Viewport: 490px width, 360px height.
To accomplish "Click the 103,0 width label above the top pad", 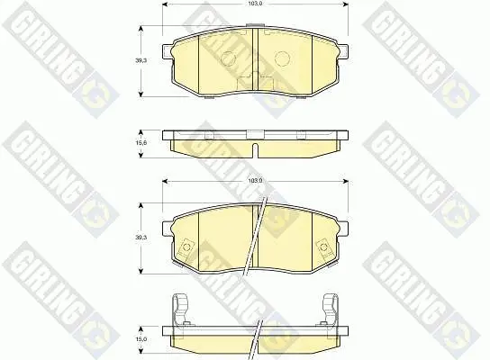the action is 255,4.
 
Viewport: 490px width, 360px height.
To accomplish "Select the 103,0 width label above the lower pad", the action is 255,181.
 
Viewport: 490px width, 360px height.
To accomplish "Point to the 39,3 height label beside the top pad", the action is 141,60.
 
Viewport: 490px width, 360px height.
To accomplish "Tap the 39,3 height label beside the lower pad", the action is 141,238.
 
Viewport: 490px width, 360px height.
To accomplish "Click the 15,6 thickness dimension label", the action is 141,142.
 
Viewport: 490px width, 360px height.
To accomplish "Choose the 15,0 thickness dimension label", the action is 141,339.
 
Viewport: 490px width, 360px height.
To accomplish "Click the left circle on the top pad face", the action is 228,58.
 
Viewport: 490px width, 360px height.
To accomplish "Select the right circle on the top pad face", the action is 282,58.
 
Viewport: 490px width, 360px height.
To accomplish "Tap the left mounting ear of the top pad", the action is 168,51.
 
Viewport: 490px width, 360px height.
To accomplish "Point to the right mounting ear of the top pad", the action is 343,51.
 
